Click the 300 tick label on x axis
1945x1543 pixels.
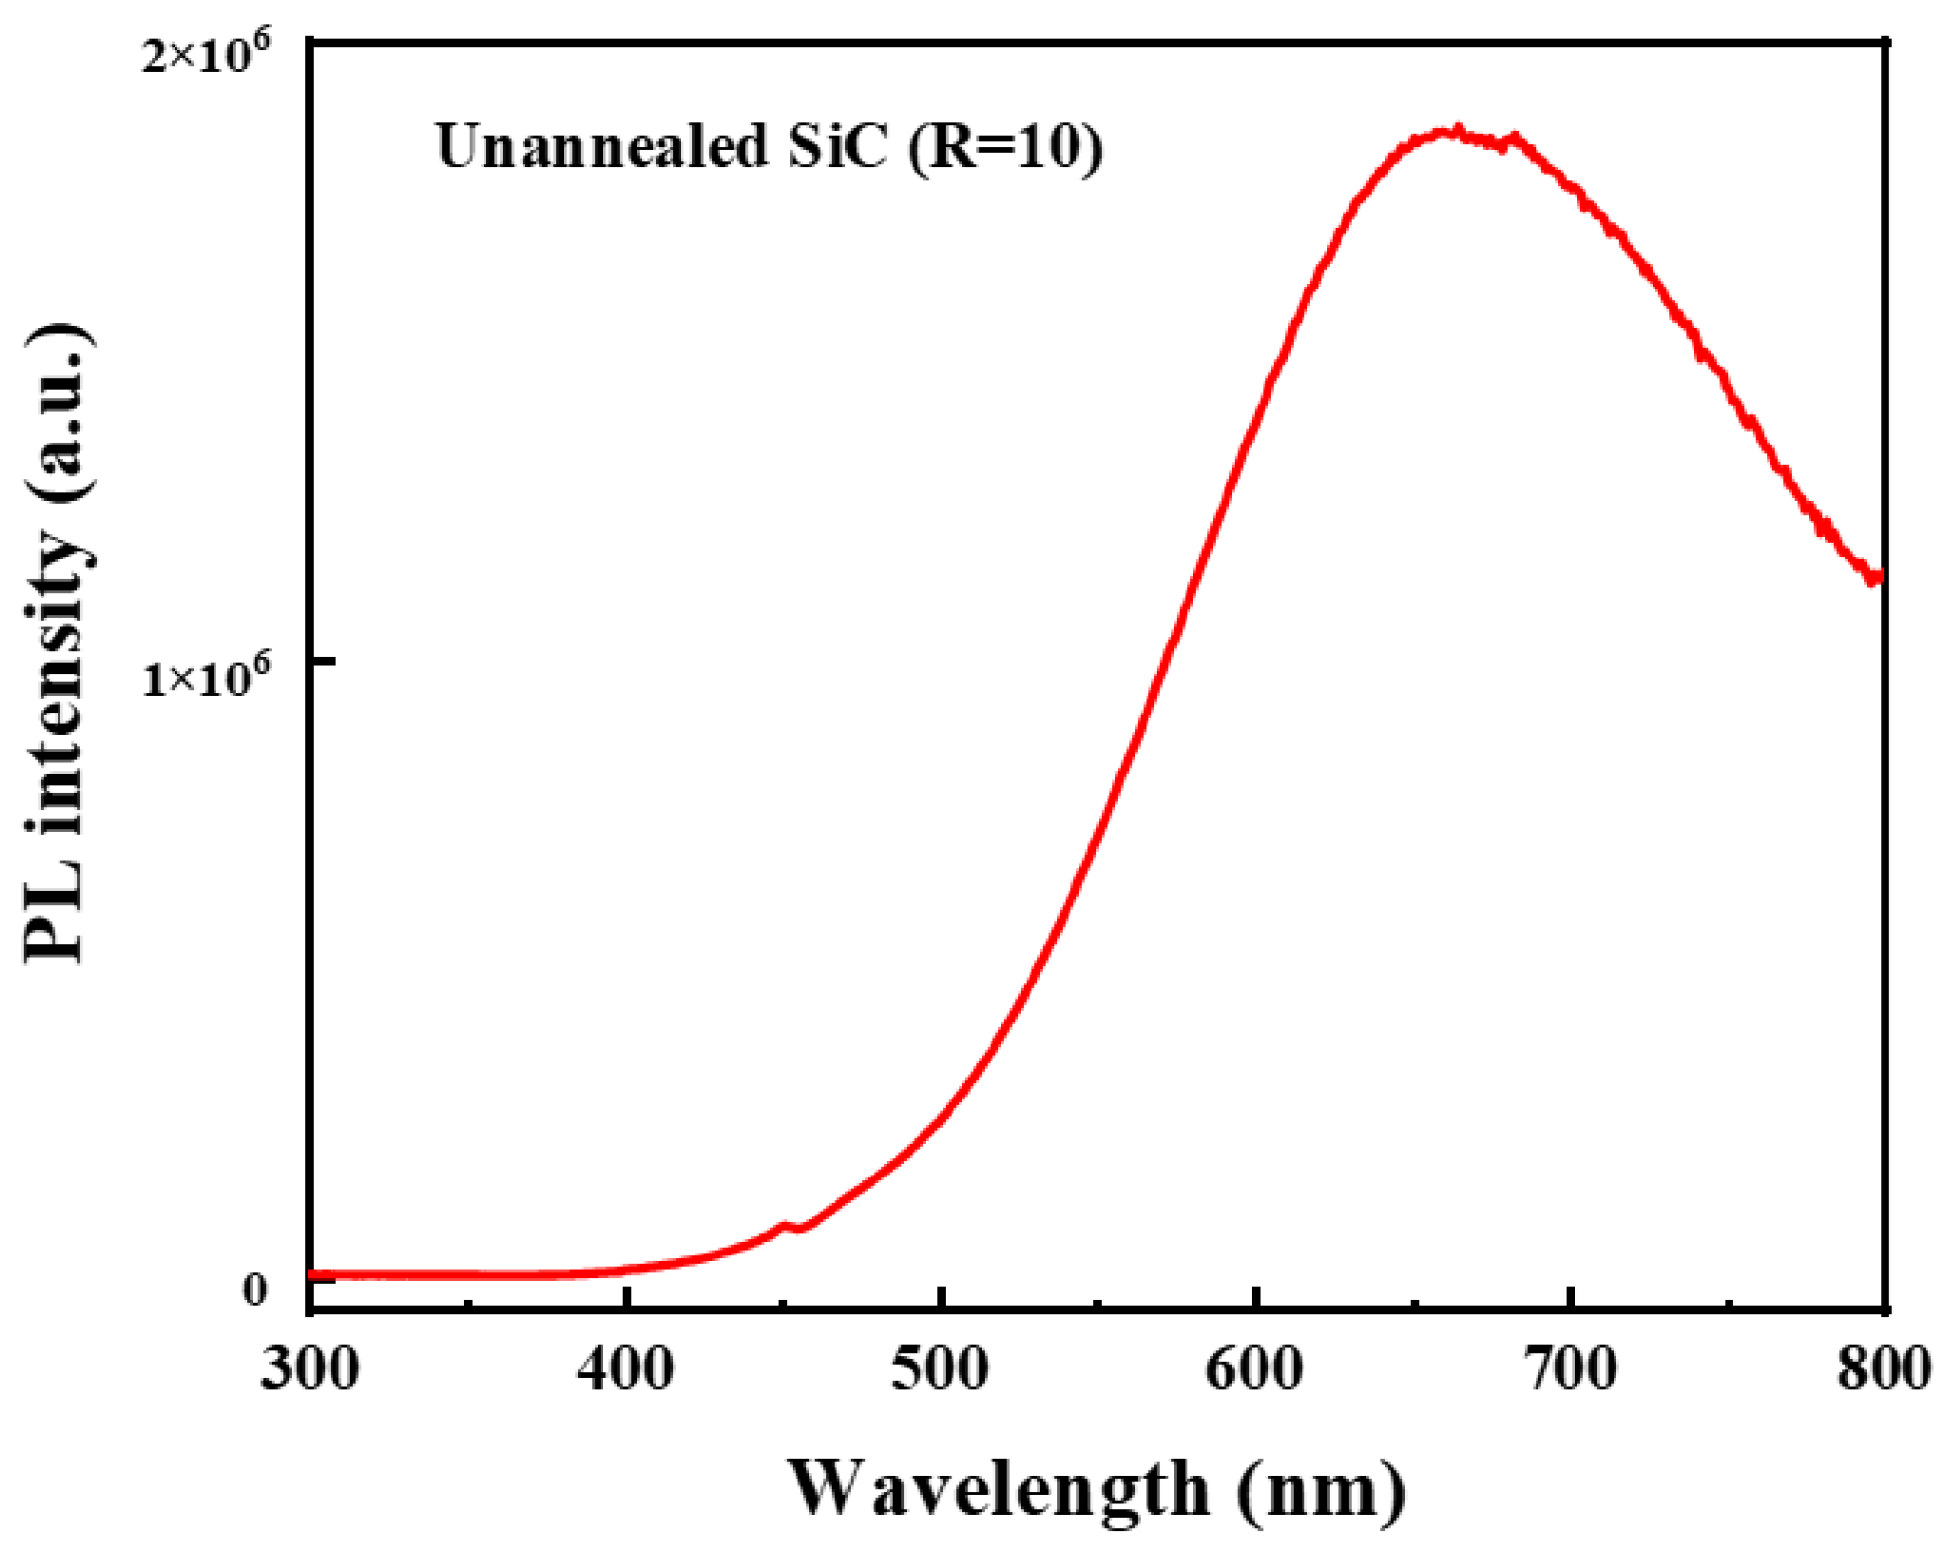pyautogui.click(x=310, y=1369)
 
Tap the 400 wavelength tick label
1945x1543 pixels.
pyautogui.click(x=625, y=1369)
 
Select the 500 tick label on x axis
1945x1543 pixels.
pyautogui.click(x=940, y=1369)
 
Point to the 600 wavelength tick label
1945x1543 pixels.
pyautogui.click(x=1254, y=1369)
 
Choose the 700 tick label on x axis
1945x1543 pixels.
pyautogui.click(x=1569, y=1369)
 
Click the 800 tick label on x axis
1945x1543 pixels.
pyautogui.click(x=1883, y=1369)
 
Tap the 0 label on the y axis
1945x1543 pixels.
pyautogui.click(x=254, y=1290)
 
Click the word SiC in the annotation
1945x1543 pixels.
pyautogui.click(x=837, y=147)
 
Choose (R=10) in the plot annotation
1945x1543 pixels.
pyautogui.click(x=1005, y=147)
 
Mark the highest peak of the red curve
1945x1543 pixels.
pyautogui.click(x=1457, y=130)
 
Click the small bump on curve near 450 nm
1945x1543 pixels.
pyautogui.click(x=784, y=1225)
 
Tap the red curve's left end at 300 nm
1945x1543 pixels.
pyautogui.click(x=312, y=1274)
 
